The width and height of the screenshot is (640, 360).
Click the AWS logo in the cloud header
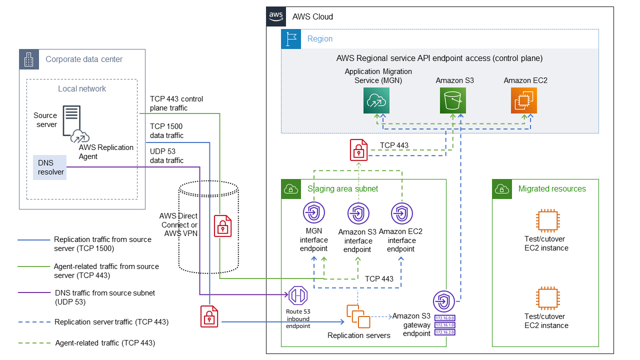[x=276, y=16]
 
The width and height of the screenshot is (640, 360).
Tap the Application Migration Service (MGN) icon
[x=376, y=100]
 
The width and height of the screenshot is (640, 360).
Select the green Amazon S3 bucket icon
[x=453, y=100]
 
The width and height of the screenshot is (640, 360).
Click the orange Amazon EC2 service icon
[x=524, y=100]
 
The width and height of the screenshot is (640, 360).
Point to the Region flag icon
[x=291, y=38]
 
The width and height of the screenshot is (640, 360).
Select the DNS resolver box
[x=49, y=167]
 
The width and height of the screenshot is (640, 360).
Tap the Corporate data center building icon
[x=28, y=59]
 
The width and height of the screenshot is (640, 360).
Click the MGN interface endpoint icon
[x=314, y=212]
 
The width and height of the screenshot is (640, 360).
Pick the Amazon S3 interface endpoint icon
[x=358, y=213]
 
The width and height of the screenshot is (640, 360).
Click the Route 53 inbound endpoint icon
[x=298, y=295]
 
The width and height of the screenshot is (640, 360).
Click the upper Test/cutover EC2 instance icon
[x=546, y=220]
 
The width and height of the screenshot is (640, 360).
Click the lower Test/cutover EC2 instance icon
[x=546, y=298]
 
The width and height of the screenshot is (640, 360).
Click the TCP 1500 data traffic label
[x=166, y=131]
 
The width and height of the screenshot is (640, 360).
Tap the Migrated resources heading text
[x=552, y=188]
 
